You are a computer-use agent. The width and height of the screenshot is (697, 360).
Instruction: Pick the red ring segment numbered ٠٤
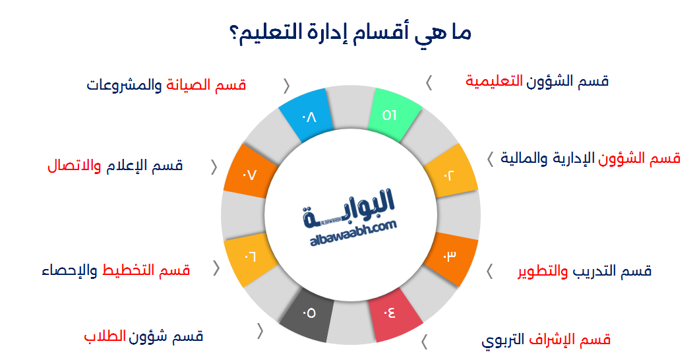[x=394, y=316]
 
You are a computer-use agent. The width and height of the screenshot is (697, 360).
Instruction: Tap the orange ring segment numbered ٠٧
[x=249, y=175]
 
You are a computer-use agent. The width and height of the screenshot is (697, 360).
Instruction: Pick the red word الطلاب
[x=105, y=336]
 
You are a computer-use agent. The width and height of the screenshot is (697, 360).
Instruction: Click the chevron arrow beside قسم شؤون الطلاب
[x=260, y=332]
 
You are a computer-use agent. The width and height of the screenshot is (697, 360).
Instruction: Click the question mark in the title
[x=234, y=32]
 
